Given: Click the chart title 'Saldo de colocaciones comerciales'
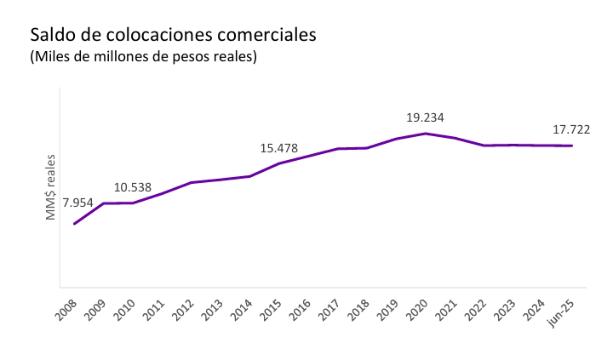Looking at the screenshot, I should coord(173,36).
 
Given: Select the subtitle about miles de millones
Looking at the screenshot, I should coord(143,57).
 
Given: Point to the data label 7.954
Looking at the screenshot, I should coord(77,203).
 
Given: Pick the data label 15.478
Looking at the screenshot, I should coord(278,148).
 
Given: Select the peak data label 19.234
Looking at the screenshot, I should coord(425,117).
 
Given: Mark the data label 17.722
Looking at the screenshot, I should coord(570,129).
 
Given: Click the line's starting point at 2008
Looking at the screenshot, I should coord(75,224).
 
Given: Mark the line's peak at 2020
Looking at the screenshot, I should coord(426,134).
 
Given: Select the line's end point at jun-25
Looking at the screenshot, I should coord(571,146).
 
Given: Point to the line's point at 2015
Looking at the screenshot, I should coord(279,163).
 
